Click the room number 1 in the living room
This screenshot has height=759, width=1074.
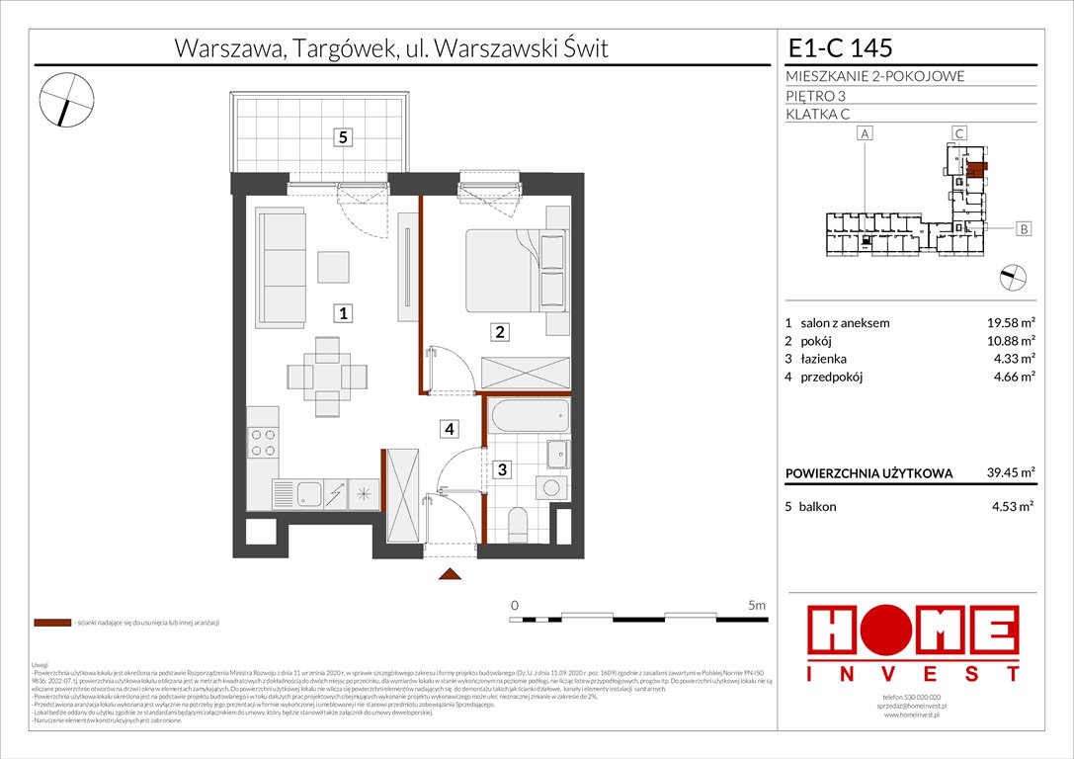[x=342, y=314]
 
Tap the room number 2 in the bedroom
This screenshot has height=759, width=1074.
[x=501, y=333]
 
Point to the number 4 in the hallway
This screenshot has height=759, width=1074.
[x=449, y=429]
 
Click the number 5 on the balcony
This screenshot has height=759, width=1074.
[x=342, y=138]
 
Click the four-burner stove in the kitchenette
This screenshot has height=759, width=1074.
[x=263, y=442]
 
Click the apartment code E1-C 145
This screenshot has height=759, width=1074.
[x=840, y=46]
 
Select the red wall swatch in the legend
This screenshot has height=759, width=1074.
[x=51, y=624]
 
